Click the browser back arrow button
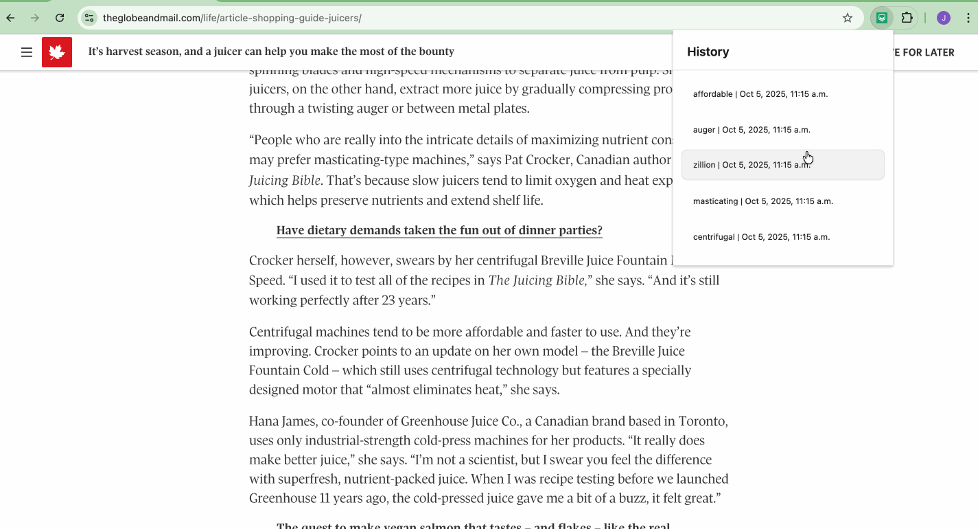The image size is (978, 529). [x=10, y=18]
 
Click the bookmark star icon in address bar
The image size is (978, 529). [x=848, y=18]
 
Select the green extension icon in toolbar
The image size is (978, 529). [x=883, y=18]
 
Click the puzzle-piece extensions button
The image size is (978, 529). [x=907, y=18]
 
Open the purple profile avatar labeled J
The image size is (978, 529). [x=944, y=18]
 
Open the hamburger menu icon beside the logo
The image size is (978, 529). [x=27, y=52]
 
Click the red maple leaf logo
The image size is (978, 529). [x=57, y=52]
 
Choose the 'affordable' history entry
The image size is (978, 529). [x=760, y=94]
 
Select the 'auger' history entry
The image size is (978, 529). [x=751, y=130]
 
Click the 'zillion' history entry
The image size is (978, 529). [x=751, y=165]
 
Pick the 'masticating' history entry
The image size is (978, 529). [x=762, y=201]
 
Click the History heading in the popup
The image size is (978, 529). [x=708, y=52]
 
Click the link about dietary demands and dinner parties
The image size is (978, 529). [x=439, y=230]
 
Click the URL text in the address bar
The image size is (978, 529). [x=232, y=18]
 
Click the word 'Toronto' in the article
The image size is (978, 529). [x=702, y=421]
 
